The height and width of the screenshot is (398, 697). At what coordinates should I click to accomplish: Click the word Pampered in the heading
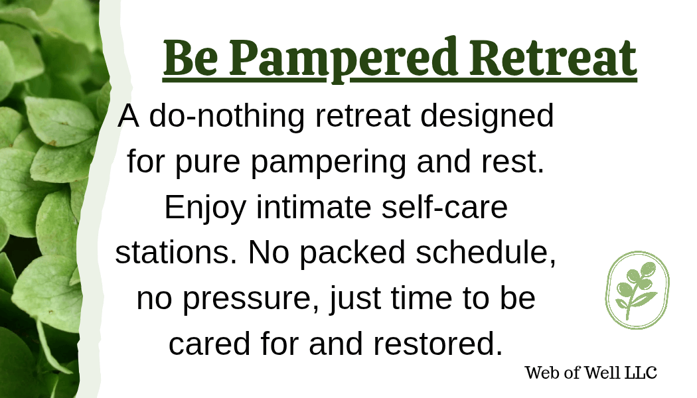tap(343, 60)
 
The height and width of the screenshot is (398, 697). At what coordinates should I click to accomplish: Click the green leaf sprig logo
tap(637, 290)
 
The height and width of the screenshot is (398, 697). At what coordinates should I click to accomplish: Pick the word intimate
tap(314, 207)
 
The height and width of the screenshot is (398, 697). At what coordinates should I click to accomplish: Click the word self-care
tap(445, 207)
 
